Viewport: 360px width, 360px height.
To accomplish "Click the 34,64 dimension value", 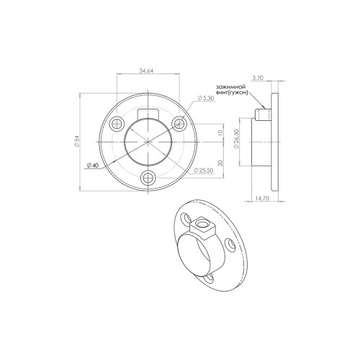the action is coord(146,71).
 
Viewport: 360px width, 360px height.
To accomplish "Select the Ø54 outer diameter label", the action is coord(76,141).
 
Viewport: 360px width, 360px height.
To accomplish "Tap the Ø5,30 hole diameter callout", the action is coord(206,98).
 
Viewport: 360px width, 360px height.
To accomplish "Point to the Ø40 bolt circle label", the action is coord(93,166).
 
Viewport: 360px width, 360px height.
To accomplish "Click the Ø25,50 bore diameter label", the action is coord(204,170).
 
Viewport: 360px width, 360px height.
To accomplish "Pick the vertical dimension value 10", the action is coord(221,132).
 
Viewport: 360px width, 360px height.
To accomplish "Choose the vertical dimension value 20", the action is coord(221,163).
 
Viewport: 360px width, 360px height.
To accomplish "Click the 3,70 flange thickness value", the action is coord(258,78).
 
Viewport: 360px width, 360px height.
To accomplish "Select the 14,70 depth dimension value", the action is coord(262,198).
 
